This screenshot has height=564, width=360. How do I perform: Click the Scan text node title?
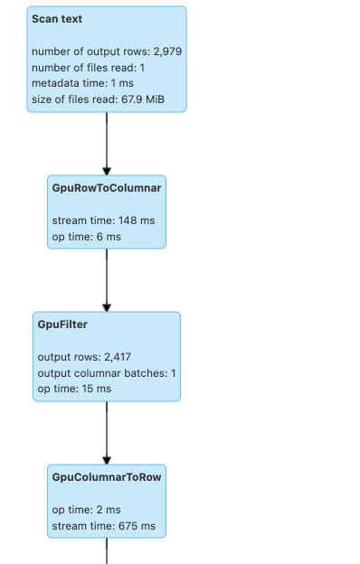58,19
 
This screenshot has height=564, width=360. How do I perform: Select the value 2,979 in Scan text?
166,52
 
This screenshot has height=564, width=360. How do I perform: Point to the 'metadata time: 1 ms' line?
81,83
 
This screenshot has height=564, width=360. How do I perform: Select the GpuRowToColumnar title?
107,188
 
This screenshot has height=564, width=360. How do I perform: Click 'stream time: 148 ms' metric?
103,221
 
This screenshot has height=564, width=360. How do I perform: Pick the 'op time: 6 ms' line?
87,237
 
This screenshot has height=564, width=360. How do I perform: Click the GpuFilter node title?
62,324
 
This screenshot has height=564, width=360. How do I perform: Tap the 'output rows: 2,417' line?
84,357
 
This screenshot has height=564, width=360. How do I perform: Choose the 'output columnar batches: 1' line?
107,373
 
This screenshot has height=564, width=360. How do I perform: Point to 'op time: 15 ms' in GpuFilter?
74,389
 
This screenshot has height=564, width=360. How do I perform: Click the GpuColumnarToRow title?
107,476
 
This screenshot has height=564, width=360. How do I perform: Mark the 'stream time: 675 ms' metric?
103,526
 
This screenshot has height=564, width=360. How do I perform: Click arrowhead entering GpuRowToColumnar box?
107,171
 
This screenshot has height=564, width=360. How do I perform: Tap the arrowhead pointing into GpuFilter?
107,307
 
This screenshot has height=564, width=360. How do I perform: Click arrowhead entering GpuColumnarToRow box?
107,460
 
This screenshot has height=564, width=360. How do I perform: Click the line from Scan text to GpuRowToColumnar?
107,140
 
